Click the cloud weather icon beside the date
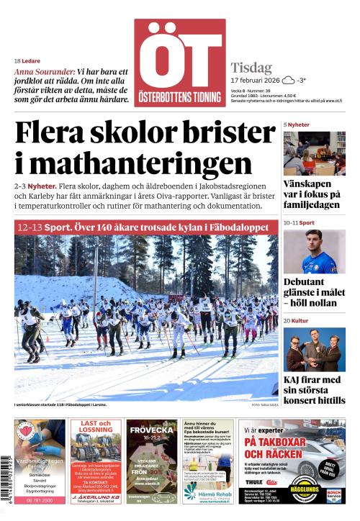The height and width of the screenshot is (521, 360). click(x=288, y=80)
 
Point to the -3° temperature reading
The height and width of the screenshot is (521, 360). click(x=302, y=80)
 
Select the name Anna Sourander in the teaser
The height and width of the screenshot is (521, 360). click(x=43, y=72)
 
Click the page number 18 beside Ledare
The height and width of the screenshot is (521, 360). click(x=17, y=60)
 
